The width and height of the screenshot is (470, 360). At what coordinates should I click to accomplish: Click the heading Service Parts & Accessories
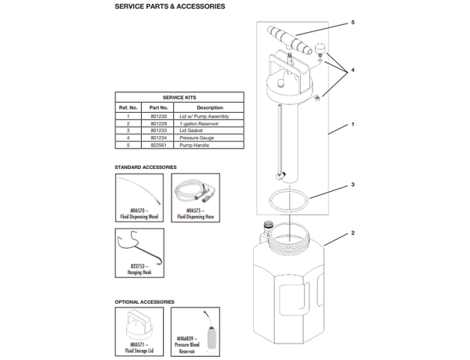click(x=169, y=7)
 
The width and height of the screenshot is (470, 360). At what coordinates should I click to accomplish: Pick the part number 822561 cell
click(x=157, y=145)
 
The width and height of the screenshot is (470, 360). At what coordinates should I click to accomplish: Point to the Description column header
click(x=209, y=107)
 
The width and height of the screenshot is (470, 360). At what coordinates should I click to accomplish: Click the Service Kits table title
click(x=178, y=97)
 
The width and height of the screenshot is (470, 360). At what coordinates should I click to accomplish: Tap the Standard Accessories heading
click(x=146, y=167)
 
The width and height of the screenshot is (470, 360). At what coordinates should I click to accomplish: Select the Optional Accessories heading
click(x=144, y=301)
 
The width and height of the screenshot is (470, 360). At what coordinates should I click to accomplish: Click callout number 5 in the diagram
click(x=352, y=23)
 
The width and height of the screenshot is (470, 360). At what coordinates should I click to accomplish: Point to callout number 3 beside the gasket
click(x=353, y=185)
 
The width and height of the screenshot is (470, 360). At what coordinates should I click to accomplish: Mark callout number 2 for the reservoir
click(x=353, y=233)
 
